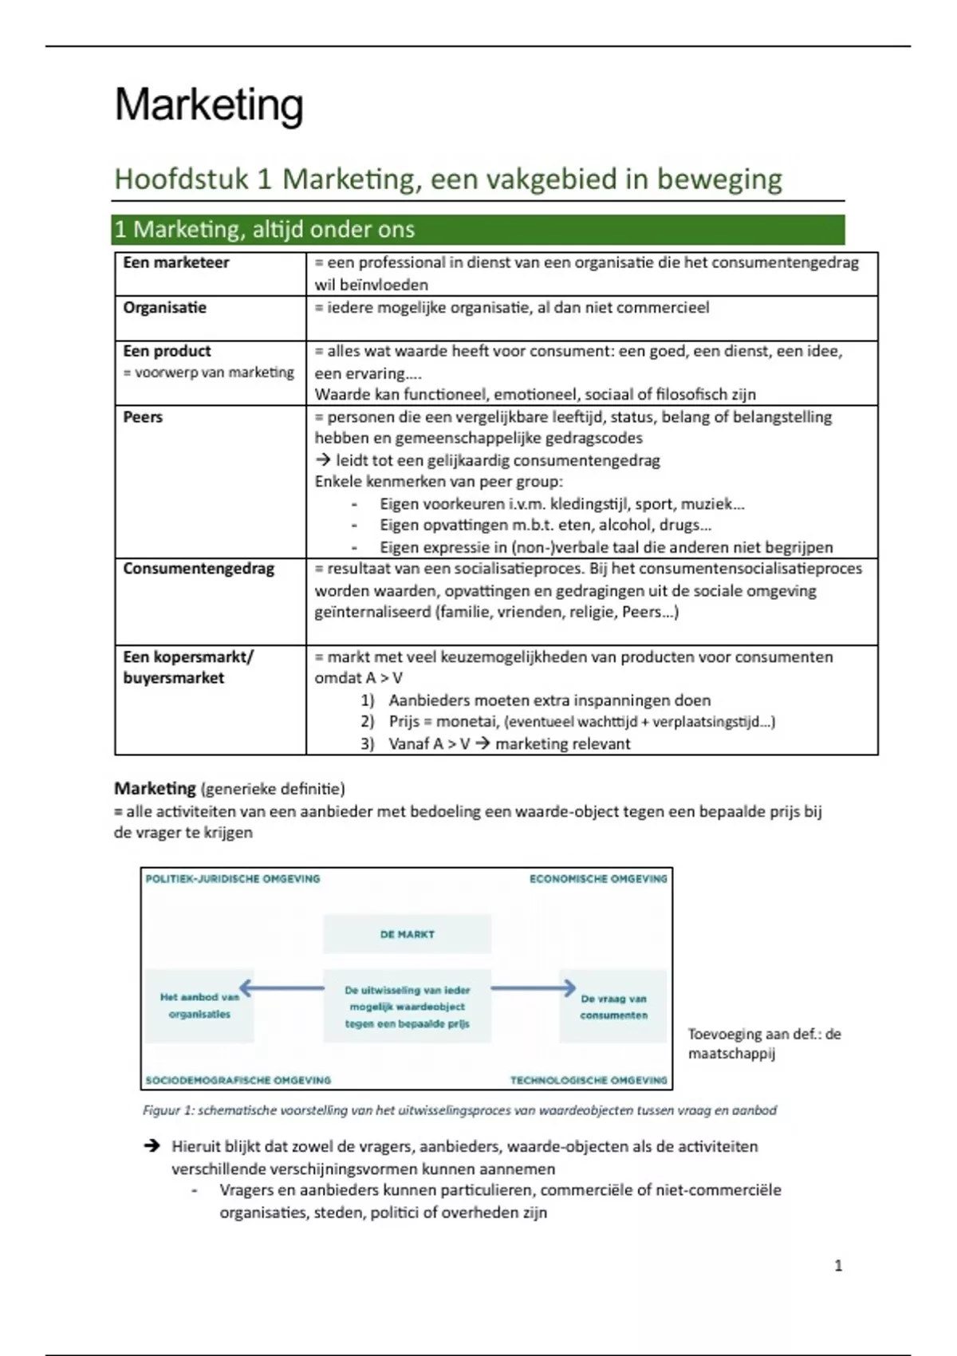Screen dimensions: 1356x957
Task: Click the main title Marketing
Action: pyautogui.click(x=209, y=104)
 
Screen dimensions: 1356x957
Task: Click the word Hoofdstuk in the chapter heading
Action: pyautogui.click(x=181, y=179)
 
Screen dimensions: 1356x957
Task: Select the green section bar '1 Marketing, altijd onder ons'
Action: pyautogui.click(x=478, y=230)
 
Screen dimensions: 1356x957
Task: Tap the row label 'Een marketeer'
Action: pyautogui.click(x=175, y=262)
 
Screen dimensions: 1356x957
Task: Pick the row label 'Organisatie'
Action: pyautogui.click(x=164, y=307)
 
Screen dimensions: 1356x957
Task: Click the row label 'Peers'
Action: pyautogui.click(x=143, y=416)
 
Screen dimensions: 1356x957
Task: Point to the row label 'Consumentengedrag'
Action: pyautogui.click(x=199, y=569)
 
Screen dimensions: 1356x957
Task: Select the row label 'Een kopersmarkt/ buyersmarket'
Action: pyautogui.click(x=187, y=667)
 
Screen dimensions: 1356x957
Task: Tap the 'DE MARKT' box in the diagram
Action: pyautogui.click(x=407, y=934)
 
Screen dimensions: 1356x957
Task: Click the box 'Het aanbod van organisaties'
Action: pyautogui.click(x=199, y=1006)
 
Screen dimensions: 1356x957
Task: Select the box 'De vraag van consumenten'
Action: pyautogui.click(x=613, y=1007)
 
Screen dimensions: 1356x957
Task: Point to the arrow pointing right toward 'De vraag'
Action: pyautogui.click(x=533, y=988)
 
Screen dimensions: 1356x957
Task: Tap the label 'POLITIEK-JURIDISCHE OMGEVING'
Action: pyautogui.click(x=232, y=879)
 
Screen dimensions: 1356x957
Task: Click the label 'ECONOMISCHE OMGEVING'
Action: pyautogui.click(x=598, y=879)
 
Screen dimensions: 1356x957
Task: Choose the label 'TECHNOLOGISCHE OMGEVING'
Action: pyautogui.click(x=589, y=1080)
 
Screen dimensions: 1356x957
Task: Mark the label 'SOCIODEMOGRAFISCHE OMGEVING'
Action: pyautogui.click(x=238, y=1080)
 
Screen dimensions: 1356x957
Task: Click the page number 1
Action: pyautogui.click(x=838, y=1266)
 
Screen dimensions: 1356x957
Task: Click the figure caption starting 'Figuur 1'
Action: pyautogui.click(x=459, y=1110)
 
